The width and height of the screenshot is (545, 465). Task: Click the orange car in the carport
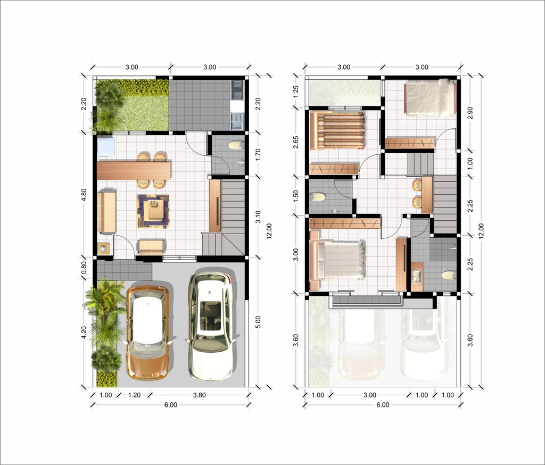tap(148, 332)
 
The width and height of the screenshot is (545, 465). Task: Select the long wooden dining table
tap(134, 170)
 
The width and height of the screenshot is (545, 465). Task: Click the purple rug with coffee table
tap(153, 211)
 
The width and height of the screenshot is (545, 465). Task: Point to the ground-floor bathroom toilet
tap(236, 145)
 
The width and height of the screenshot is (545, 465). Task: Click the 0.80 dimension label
tap(84, 267)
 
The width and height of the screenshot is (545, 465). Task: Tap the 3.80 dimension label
tap(200, 395)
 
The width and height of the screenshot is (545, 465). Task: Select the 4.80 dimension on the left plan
tap(84, 195)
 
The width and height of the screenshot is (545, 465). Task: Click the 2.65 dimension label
tap(296, 142)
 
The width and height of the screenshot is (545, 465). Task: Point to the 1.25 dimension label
tap(296, 92)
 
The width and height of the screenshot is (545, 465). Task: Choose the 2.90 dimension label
tap(470, 113)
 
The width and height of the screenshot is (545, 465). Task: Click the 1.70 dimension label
tap(258, 154)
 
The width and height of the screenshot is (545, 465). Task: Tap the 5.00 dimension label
tap(258, 322)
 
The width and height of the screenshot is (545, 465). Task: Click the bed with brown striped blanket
tap(337, 130)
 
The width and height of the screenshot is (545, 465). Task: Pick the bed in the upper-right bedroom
tap(431, 98)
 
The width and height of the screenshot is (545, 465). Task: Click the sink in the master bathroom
tap(417, 277)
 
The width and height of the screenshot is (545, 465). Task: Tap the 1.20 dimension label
tap(135, 395)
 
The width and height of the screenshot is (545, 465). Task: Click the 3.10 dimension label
tap(258, 217)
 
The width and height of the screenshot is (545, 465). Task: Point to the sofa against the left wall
tap(106, 212)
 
